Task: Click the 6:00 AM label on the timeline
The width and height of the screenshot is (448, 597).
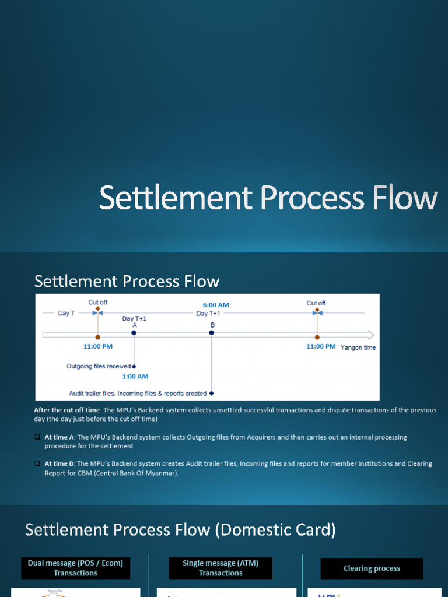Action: [216, 305]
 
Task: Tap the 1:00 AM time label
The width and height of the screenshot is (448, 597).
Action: [135, 376]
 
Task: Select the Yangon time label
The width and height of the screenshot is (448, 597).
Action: [358, 347]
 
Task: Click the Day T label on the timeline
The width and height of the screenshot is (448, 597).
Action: [66, 313]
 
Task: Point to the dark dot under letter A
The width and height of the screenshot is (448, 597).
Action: [134, 333]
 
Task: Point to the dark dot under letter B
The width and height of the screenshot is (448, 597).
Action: [212, 333]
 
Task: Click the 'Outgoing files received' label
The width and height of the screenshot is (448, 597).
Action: [99, 366]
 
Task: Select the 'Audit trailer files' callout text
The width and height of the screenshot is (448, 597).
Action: [138, 394]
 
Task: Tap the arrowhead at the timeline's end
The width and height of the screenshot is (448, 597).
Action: [370, 335]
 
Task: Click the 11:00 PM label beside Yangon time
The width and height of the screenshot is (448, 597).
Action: [321, 346]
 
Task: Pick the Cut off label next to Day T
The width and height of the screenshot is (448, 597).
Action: [97, 302]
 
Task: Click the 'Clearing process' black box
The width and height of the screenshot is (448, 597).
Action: [372, 568]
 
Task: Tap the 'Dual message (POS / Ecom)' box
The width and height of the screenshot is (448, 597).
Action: [76, 568]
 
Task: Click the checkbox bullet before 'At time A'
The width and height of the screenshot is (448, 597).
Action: [37, 437]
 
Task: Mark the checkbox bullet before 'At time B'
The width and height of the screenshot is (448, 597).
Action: [37, 464]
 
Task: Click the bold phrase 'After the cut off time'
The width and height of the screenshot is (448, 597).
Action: [66, 410]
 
